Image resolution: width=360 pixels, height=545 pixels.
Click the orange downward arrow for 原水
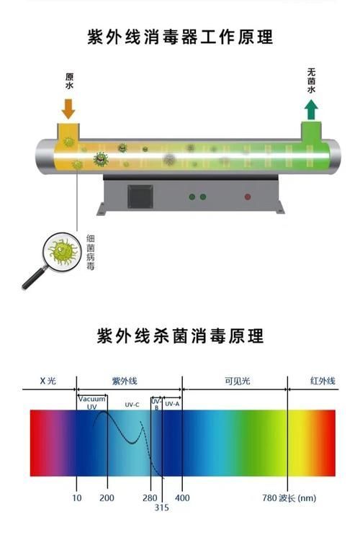click(x=68, y=109)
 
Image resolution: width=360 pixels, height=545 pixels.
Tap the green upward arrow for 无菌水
click(x=311, y=110)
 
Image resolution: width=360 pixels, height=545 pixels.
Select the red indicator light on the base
click(x=248, y=197)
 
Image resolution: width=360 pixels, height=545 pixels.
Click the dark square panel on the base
click(x=140, y=197)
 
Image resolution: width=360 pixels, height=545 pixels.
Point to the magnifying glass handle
click(x=35, y=277)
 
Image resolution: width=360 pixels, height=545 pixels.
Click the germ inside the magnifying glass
click(x=63, y=251)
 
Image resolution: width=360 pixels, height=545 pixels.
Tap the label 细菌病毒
click(x=90, y=252)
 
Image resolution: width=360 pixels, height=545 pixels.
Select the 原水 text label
click(x=70, y=81)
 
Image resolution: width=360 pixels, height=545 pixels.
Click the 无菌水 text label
click(x=311, y=81)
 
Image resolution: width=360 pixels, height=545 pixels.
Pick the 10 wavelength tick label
click(x=77, y=497)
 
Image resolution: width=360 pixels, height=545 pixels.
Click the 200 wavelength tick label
click(x=107, y=497)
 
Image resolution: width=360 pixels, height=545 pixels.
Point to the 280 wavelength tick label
click(x=150, y=497)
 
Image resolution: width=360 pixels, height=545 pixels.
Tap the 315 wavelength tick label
click(x=161, y=508)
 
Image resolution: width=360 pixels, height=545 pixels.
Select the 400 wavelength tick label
click(x=182, y=497)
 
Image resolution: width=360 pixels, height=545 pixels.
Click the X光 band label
click(x=48, y=381)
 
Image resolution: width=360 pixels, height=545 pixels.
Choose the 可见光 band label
click(x=238, y=381)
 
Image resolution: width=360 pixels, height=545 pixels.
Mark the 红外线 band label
click(x=323, y=381)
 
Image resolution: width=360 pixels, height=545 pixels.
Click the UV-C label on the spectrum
click(x=132, y=405)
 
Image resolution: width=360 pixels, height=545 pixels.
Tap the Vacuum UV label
click(x=91, y=403)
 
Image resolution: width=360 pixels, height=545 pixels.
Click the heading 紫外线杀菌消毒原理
click(x=180, y=335)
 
